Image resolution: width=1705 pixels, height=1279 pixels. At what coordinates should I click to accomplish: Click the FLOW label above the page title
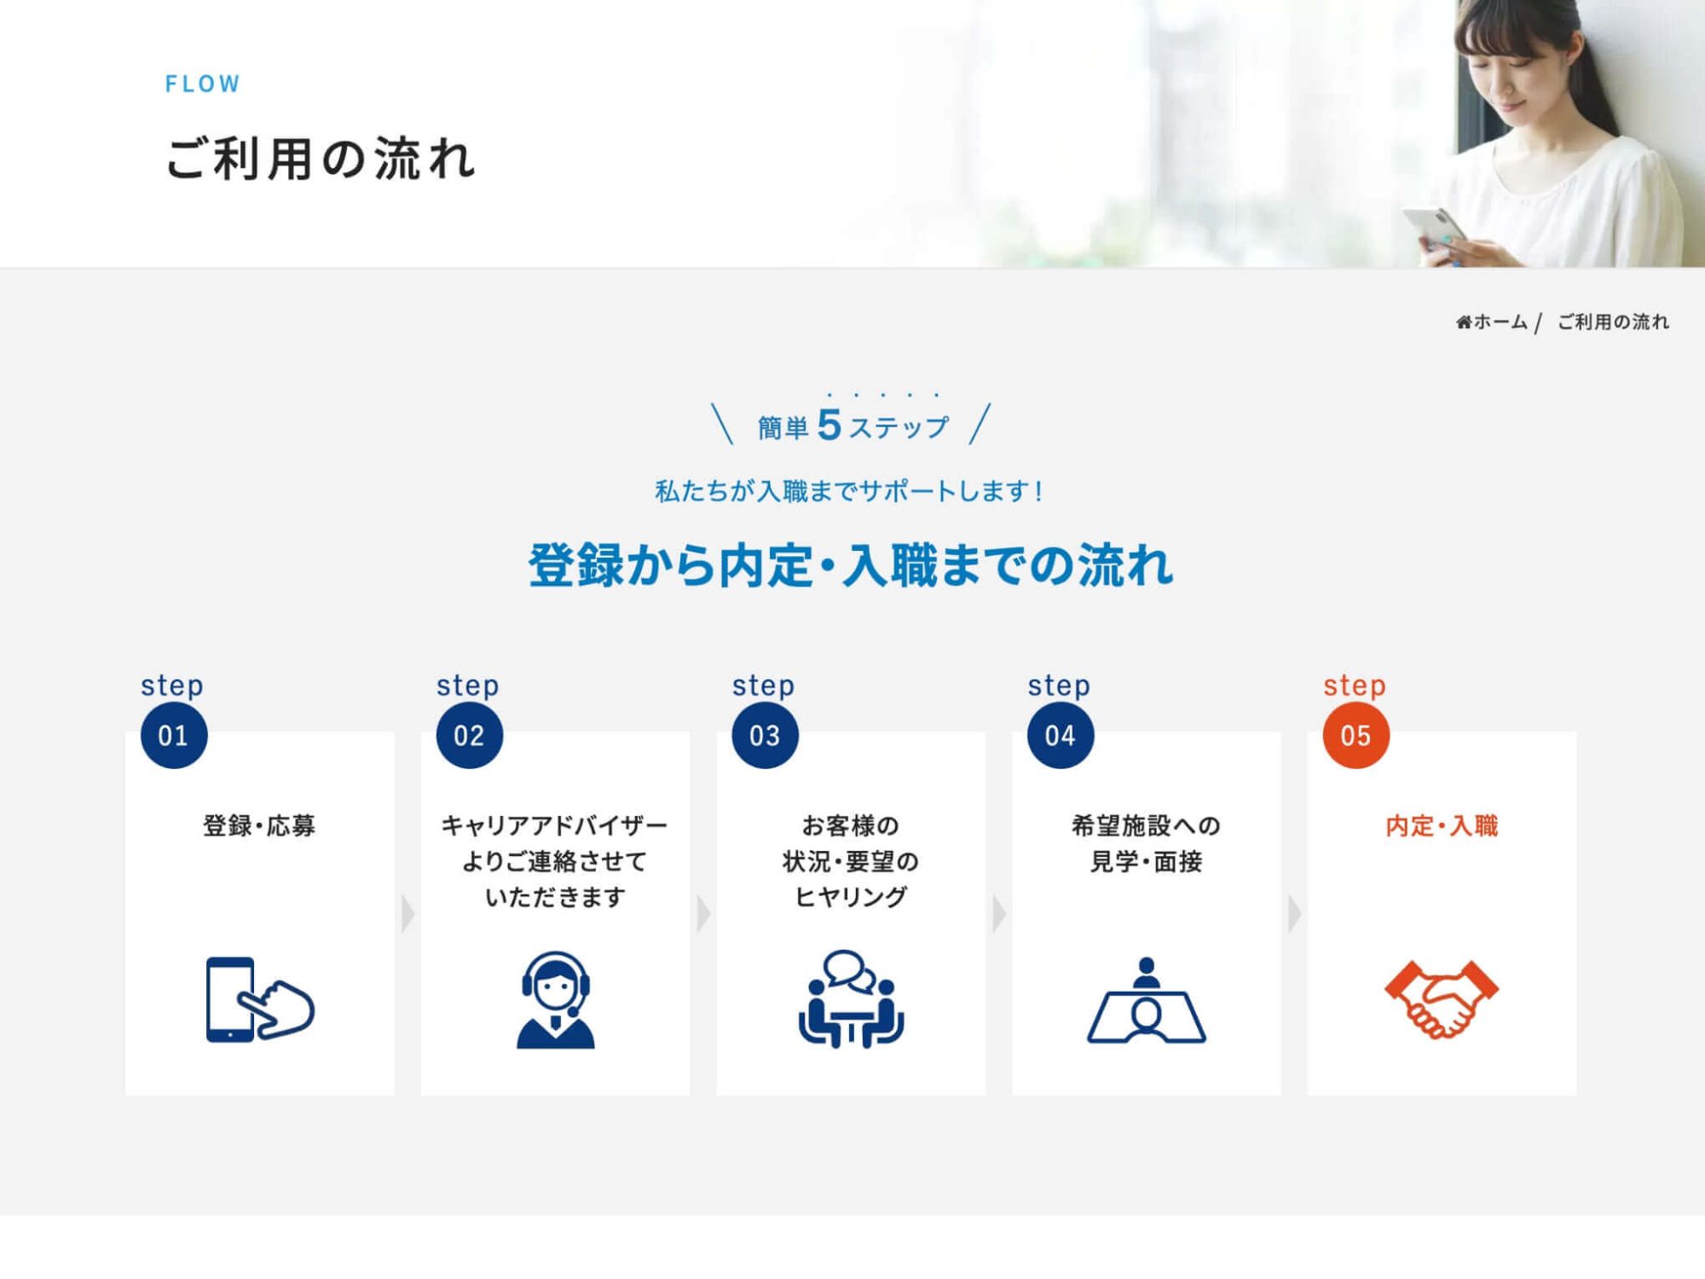203,84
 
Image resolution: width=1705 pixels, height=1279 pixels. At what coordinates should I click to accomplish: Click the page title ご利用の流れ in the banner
320,159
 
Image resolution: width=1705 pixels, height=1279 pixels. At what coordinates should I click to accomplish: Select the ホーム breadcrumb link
1499,322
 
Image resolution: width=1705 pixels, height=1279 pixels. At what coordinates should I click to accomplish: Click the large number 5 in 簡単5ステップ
829,425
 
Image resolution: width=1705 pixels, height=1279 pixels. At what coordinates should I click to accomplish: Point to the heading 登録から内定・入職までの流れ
851,565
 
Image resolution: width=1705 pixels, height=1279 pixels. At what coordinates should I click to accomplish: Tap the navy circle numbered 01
174,735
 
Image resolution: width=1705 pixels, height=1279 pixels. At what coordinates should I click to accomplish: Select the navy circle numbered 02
469,735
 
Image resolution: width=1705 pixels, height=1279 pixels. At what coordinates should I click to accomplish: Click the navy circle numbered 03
765,735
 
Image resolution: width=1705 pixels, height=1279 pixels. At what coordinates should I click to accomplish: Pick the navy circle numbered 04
1060,735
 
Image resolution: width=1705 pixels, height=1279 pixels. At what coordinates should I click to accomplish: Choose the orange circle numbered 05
1355,735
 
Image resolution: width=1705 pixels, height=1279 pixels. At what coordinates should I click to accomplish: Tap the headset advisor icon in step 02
556,999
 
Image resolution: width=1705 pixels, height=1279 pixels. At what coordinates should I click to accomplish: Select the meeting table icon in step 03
851,999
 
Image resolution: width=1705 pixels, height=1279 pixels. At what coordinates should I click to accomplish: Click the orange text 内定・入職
1442,825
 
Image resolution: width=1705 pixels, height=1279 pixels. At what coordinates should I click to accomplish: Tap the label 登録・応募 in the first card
259,825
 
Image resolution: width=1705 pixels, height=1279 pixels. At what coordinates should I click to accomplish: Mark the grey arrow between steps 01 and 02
407,914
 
